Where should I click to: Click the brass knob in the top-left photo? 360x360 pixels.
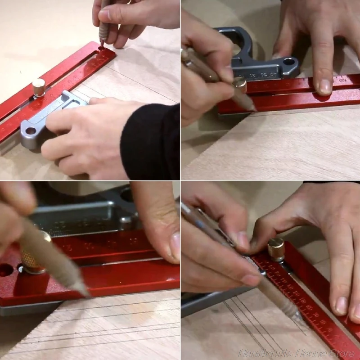pyautogui.click(x=39, y=87)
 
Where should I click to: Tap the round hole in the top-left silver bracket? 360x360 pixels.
pyautogui.click(x=31, y=131)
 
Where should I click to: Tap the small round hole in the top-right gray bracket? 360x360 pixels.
pyautogui.click(x=288, y=61)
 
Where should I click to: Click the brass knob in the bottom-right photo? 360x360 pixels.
pyautogui.click(x=276, y=248)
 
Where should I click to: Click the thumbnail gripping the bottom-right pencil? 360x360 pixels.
pyautogui.click(x=250, y=279)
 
